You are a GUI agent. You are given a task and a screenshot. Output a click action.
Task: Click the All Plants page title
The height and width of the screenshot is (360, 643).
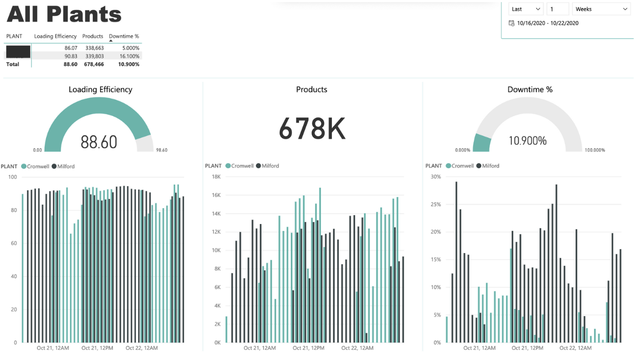click(64, 14)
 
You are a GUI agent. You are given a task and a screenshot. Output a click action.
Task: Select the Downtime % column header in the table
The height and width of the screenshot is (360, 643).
click(124, 36)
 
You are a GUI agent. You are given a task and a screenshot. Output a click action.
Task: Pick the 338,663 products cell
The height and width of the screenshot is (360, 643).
click(94, 48)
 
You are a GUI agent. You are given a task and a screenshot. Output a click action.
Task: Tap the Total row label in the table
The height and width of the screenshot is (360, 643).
click(13, 64)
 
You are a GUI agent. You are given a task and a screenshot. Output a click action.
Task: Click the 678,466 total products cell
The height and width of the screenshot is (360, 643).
click(94, 64)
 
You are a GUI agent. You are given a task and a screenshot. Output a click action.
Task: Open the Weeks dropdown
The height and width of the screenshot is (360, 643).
click(601, 9)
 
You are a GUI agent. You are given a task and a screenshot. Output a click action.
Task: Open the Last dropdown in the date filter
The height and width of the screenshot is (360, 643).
click(525, 9)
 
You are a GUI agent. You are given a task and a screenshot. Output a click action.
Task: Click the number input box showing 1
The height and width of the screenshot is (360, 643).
click(557, 9)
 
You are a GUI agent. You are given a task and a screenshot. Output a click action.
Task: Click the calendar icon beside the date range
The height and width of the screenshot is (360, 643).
click(512, 23)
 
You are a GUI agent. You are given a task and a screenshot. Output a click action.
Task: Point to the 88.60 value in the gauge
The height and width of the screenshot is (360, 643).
click(99, 142)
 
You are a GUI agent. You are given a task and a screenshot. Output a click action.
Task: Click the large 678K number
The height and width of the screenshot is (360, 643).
click(312, 129)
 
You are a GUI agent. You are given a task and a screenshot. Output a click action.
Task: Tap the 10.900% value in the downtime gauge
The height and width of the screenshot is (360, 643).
click(527, 141)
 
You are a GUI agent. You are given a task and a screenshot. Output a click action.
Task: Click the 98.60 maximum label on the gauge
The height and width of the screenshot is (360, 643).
click(161, 150)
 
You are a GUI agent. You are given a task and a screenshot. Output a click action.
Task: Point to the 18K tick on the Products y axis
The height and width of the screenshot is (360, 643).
click(216, 177)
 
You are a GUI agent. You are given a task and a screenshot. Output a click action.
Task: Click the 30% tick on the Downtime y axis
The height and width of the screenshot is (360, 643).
click(435, 177)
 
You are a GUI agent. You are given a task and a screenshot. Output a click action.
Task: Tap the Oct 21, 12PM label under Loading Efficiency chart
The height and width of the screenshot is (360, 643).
click(97, 348)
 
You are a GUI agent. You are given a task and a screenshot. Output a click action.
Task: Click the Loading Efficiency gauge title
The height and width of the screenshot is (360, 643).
click(100, 89)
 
